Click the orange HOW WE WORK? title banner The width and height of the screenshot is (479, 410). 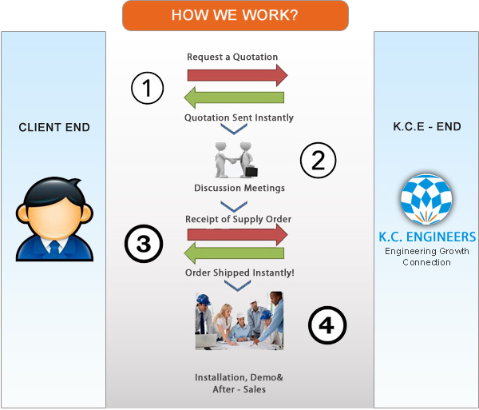tap(236, 15)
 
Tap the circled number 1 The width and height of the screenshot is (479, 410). tap(147, 88)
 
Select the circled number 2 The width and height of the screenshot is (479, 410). tap(318, 160)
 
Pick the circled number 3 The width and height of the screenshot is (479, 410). tap(144, 244)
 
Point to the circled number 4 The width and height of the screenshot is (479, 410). tap(327, 324)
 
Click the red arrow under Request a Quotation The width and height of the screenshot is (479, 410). tap(237, 75)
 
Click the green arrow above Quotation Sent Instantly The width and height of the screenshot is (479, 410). tap(234, 98)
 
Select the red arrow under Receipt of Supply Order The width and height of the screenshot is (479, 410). tap(237, 234)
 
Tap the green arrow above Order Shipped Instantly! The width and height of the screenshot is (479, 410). tap(234, 253)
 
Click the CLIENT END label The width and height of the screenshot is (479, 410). tap(54, 127)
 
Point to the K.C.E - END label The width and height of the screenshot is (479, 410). tap(427, 126)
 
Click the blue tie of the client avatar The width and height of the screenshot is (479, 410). tap(54, 249)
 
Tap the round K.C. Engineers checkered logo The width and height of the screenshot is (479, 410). tap(426, 199)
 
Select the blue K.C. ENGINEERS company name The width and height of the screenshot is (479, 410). tap(427, 237)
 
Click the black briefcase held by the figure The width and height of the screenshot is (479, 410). tap(251, 171)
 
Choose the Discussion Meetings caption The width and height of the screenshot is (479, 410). tap(239, 188)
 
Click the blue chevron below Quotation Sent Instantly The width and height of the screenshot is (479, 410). tap(234, 129)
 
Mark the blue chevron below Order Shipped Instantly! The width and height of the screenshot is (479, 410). tap(237, 286)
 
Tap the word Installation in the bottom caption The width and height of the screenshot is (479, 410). tap(217, 377)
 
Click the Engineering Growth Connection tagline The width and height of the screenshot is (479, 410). tap(427, 257)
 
